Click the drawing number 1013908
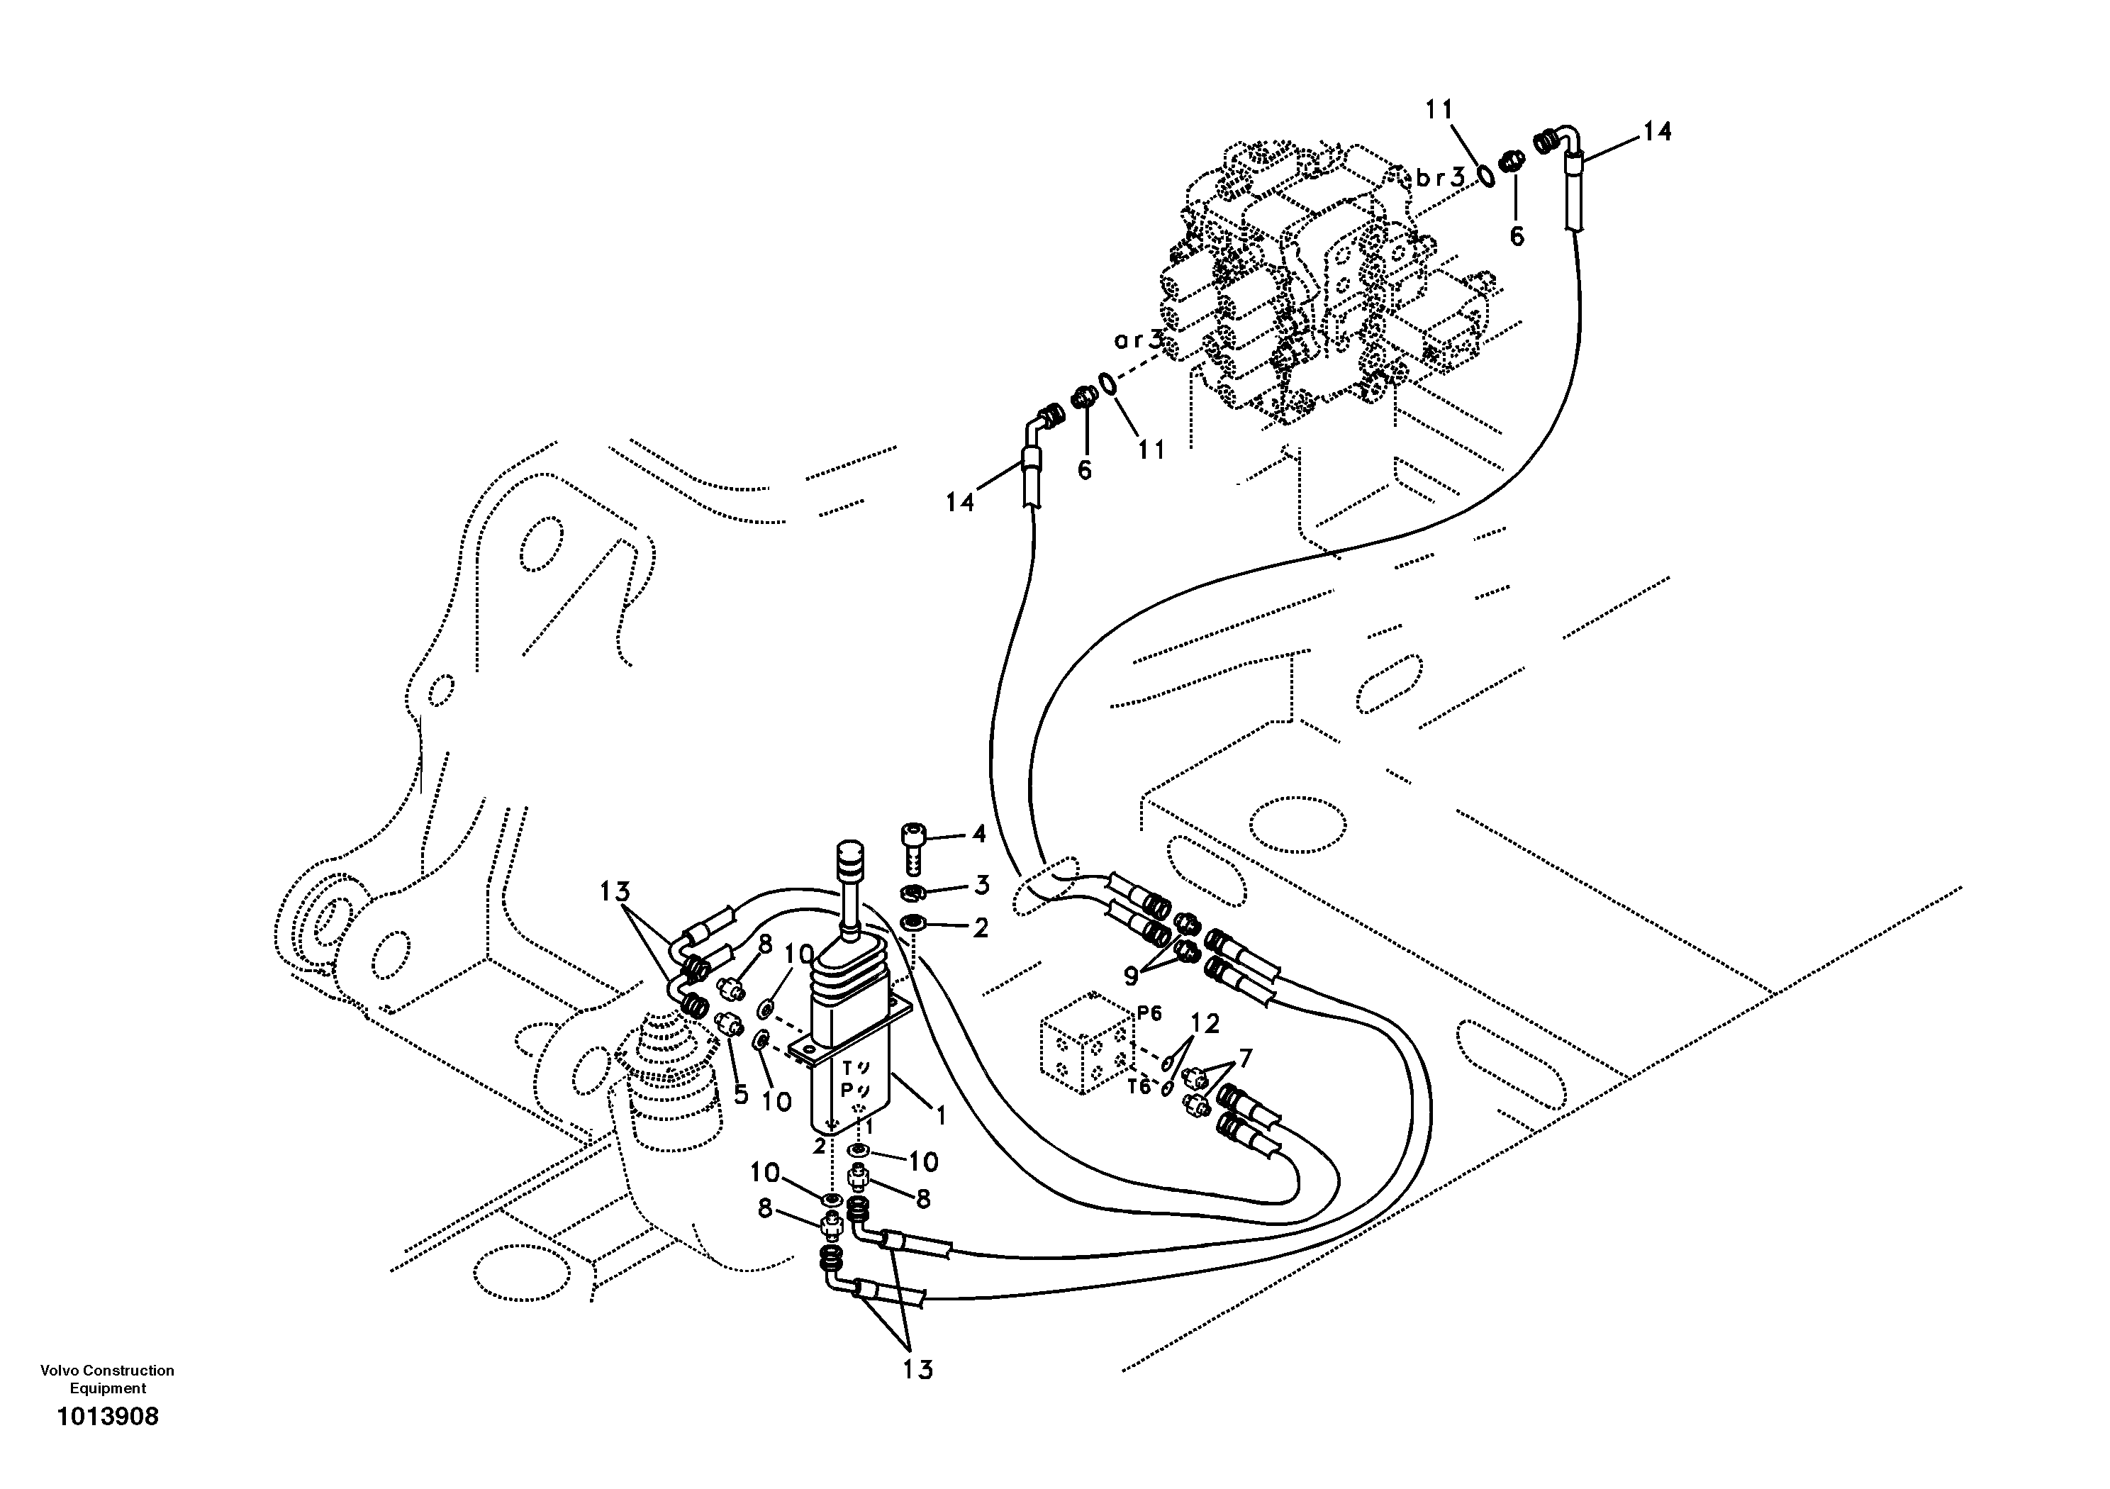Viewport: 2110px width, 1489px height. point(108,1417)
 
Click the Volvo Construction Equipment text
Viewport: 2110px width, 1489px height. point(108,1378)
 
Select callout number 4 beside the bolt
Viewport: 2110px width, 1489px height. point(978,834)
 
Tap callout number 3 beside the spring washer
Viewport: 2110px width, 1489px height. point(981,885)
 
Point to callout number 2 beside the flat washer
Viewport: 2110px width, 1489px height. point(981,928)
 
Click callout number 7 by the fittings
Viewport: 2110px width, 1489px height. point(1244,1058)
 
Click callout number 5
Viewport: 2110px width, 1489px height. point(742,1095)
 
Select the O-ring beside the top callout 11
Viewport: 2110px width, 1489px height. point(1485,174)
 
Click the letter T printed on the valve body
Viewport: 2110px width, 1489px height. point(849,1068)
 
